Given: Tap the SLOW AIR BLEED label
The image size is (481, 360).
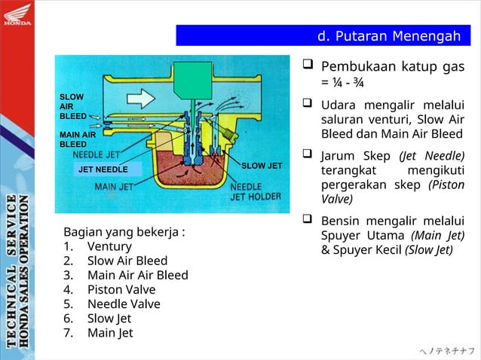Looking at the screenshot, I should (x=72, y=107).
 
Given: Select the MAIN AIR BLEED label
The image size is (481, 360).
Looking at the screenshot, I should (x=77, y=139).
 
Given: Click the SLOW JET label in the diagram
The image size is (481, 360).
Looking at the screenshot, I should (x=262, y=165).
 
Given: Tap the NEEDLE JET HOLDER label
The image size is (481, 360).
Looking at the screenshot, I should (x=256, y=192).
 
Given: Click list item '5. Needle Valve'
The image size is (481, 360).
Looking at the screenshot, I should (x=112, y=304).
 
